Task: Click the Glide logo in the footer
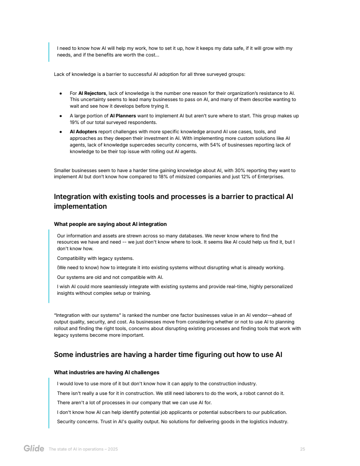coord(34,449)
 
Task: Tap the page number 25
coord(302,449)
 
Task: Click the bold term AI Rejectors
coord(92,93)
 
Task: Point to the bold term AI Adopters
coord(83,132)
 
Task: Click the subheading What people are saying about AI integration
coord(110,224)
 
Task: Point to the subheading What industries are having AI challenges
coord(106,372)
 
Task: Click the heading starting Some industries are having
coord(168,354)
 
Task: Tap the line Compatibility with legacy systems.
coord(95,258)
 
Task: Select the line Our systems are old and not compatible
coord(110,277)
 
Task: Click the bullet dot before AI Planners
coord(60,116)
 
